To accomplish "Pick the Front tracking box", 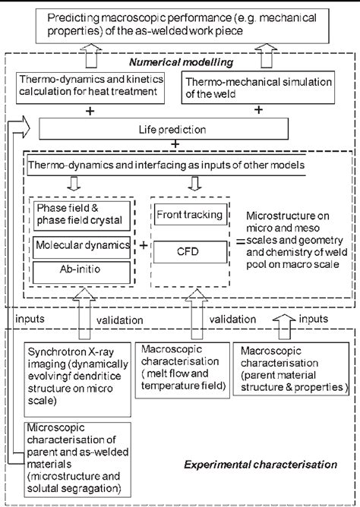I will (189, 215).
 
